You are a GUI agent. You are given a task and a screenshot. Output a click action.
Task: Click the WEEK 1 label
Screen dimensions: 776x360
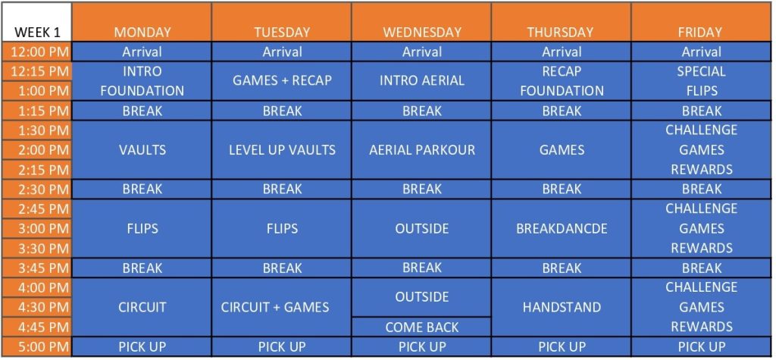point(38,33)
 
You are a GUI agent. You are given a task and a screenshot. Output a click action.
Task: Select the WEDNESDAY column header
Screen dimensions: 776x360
point(422,33)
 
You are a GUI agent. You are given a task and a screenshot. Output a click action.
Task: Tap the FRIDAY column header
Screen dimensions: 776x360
point(701,33)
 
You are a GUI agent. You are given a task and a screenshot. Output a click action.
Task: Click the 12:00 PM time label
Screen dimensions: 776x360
point(38,52)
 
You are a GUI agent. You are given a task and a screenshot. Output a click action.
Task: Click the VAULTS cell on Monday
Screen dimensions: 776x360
point(142,150)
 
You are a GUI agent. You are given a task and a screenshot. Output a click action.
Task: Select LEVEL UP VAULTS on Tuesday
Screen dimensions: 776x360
point(282,150)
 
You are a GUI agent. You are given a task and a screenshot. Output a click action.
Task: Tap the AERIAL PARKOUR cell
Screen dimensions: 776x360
point(422,150)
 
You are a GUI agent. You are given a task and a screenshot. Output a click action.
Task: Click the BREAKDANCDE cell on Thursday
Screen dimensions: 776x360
point(562,229)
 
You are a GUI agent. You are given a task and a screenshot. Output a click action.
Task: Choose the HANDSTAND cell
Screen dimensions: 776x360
point(562,308)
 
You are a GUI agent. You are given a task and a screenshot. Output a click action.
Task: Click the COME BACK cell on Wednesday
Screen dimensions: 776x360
point(422,327)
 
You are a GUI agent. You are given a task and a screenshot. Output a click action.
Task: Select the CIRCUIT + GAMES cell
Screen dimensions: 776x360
point(282,308)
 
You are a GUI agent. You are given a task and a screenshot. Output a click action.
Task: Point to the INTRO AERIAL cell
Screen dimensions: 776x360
point(422,80)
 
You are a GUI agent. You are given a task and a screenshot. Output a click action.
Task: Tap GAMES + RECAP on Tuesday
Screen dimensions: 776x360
point(282,80)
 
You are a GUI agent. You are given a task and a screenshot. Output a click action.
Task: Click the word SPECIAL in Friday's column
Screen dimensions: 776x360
point(701,71)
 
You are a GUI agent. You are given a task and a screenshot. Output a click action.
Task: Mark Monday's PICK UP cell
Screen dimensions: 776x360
point(142,347)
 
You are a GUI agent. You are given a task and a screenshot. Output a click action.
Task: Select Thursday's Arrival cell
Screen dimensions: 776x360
point(562,52)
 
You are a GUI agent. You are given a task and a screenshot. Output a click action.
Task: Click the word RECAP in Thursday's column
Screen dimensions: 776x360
point(562,71)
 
